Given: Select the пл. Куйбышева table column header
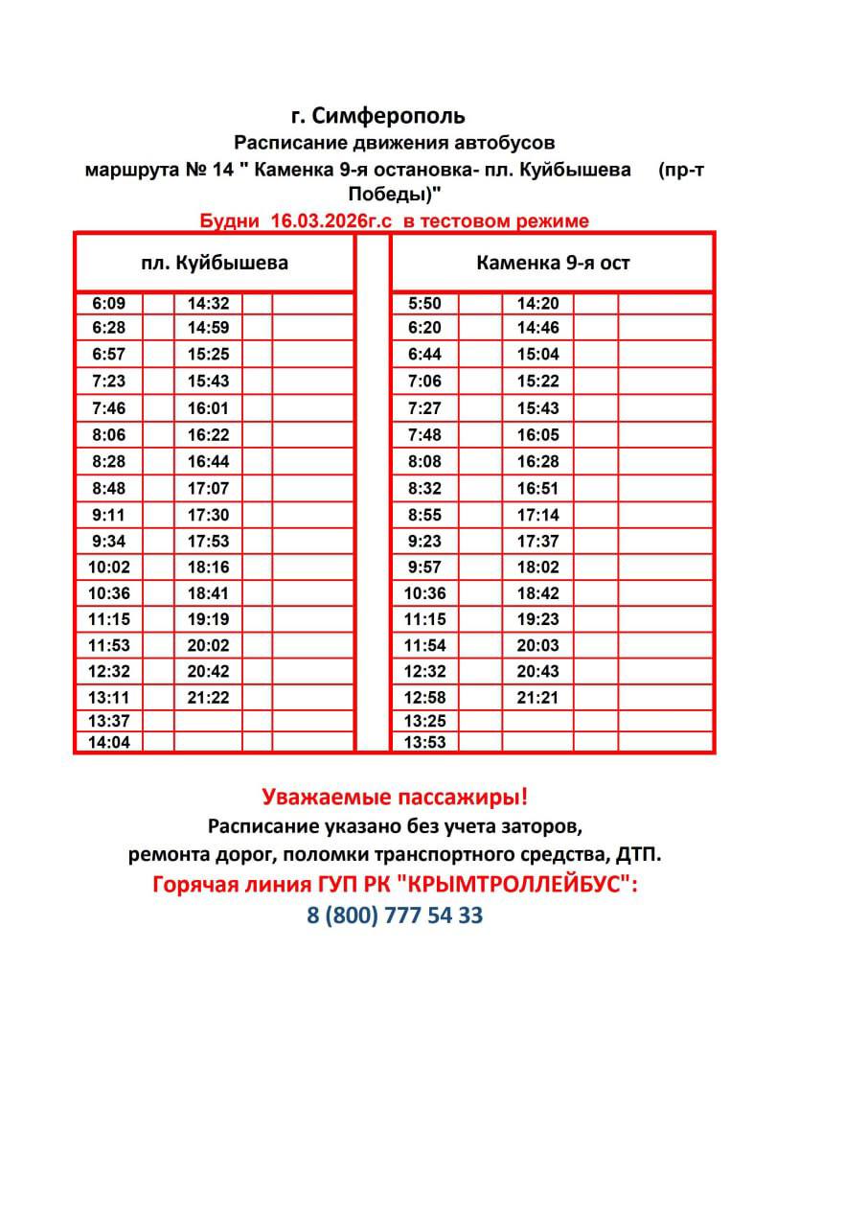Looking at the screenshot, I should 215,262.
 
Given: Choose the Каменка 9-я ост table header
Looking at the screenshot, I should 553,262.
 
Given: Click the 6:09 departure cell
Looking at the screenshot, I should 108,304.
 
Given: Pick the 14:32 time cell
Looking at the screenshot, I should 208,304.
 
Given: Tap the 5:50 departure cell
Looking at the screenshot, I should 424,304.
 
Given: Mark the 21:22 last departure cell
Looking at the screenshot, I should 208,698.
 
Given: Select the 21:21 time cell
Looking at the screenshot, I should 537,698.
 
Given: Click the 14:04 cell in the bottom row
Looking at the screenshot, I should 108,742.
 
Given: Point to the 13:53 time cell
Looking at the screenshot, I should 424,742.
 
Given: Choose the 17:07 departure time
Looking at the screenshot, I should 208,488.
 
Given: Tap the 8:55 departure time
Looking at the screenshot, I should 424,515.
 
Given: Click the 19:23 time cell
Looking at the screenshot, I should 537,619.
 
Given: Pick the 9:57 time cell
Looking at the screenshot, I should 424,567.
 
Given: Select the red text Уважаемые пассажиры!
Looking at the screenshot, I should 395,797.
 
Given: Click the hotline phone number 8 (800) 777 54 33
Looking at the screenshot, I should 395,915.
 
